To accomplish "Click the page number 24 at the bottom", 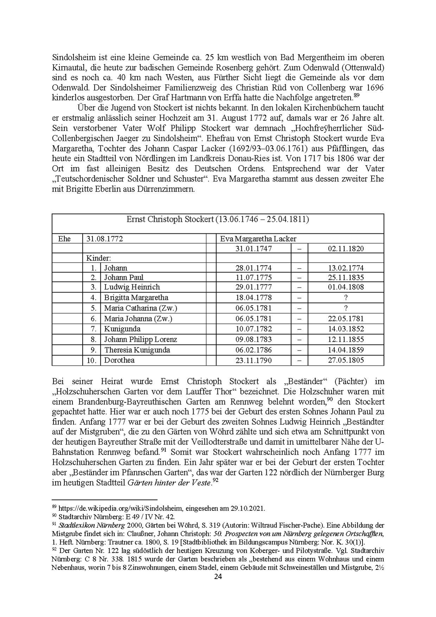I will pyautogui.click(x=218, y=577).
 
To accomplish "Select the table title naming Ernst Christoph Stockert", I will pyautogui.click(x=217, y=219).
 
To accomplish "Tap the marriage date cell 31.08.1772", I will pyautogui.click(x=105, y=239).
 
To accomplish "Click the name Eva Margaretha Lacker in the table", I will pyautogui.click(x=258, y=239).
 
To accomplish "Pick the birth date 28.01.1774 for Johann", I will pyautogui.click(x=253, y=268).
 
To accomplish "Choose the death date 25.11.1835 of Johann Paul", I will pyautogui.click(x=346, y=277).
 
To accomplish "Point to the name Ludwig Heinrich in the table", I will pyautogui.click(x=132, y=287).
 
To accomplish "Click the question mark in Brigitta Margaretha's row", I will pyautogui.click(x=346, y=298).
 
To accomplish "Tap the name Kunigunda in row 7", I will pyautogui.click(x=122, y=329).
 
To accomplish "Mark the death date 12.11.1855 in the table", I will pyautogui.click(x=346, y=340).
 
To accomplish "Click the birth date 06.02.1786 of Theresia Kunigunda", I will pyautogui.click(x=253, y=350).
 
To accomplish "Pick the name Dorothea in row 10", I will pyautogui.click(x=119, y=360).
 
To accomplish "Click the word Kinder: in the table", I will pyautogui.click(x=99, y=258).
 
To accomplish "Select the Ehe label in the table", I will pyautogui.click(x=64, y=239).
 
